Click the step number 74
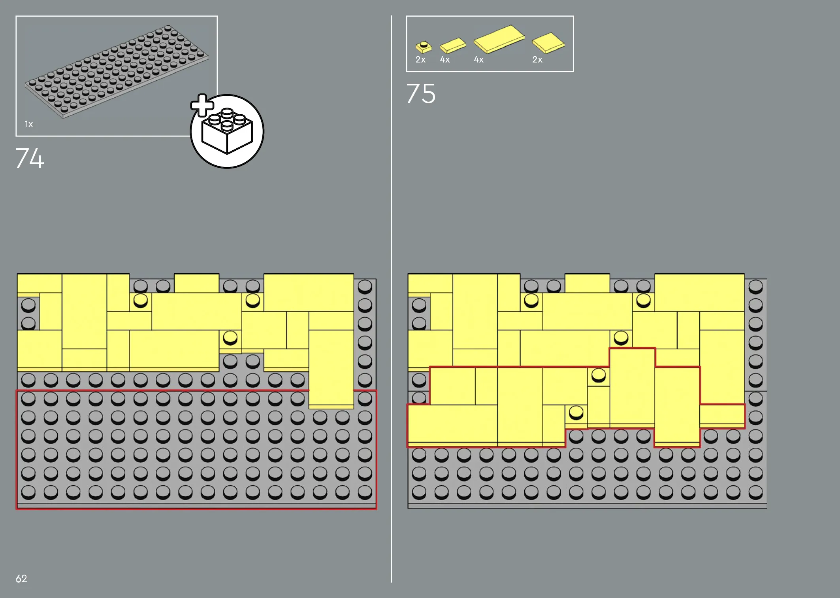tap(30, 158)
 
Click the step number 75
tap(421, 94)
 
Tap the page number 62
tap(21, 579)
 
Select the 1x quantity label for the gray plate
tap(29, 124)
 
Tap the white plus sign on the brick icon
tap(202, 105)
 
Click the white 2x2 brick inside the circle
tap(227, 132)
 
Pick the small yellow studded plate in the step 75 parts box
tap(424, 47)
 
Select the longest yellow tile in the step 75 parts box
tap(499, 39)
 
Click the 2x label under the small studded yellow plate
tap(420, 60)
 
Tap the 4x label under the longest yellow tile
tap(478, 60)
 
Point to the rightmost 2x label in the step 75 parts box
tap(537, 60)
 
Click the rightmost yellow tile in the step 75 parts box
tap(548, 43)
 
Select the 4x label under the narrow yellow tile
tap(445, 60)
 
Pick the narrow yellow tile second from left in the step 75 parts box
tap(453, 45)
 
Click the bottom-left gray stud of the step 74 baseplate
tap(28, 492)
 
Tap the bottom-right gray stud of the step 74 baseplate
tap(365, 492)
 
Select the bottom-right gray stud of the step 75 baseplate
tap(755, 492)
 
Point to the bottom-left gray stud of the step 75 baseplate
tap(419, 492)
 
